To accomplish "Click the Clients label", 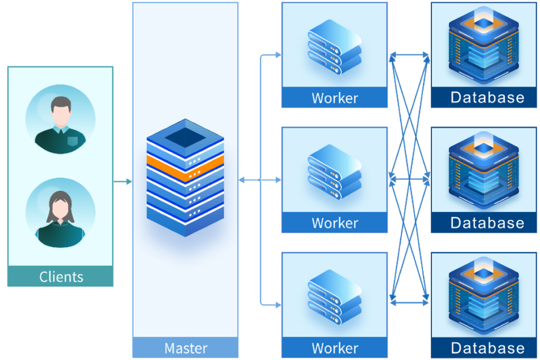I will [x=61, y=276].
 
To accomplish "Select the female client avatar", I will [x=61, y=213].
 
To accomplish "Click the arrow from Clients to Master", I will [x=122, y=182].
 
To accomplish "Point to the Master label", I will [x=186, y=348].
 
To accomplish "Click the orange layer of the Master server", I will [x=185, y=167].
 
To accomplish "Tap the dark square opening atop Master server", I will [x=185, y=139].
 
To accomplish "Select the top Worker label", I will [x=334, y=98].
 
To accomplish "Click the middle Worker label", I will [x=334, y=223].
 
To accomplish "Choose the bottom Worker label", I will [x=334, y=348].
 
